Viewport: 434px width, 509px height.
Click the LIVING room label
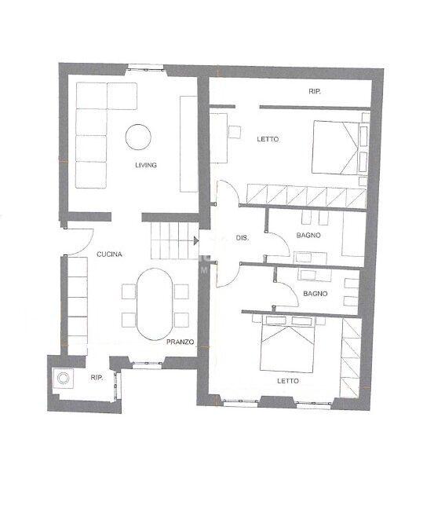(146, 165)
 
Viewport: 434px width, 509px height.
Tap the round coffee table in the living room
(139, 137)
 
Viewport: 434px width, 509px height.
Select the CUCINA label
(108, 255)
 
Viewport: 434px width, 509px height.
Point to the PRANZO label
(180, 342)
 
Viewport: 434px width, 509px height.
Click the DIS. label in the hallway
(243, 238)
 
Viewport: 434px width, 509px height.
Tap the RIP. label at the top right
(315, 92)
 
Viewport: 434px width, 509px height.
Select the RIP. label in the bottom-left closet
(97, 378)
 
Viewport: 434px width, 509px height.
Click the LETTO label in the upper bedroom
(268, 140)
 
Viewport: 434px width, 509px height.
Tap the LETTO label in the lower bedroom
(286, 381)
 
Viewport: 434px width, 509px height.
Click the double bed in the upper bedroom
(337, 146)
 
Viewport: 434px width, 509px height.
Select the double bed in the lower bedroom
(290, 348)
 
